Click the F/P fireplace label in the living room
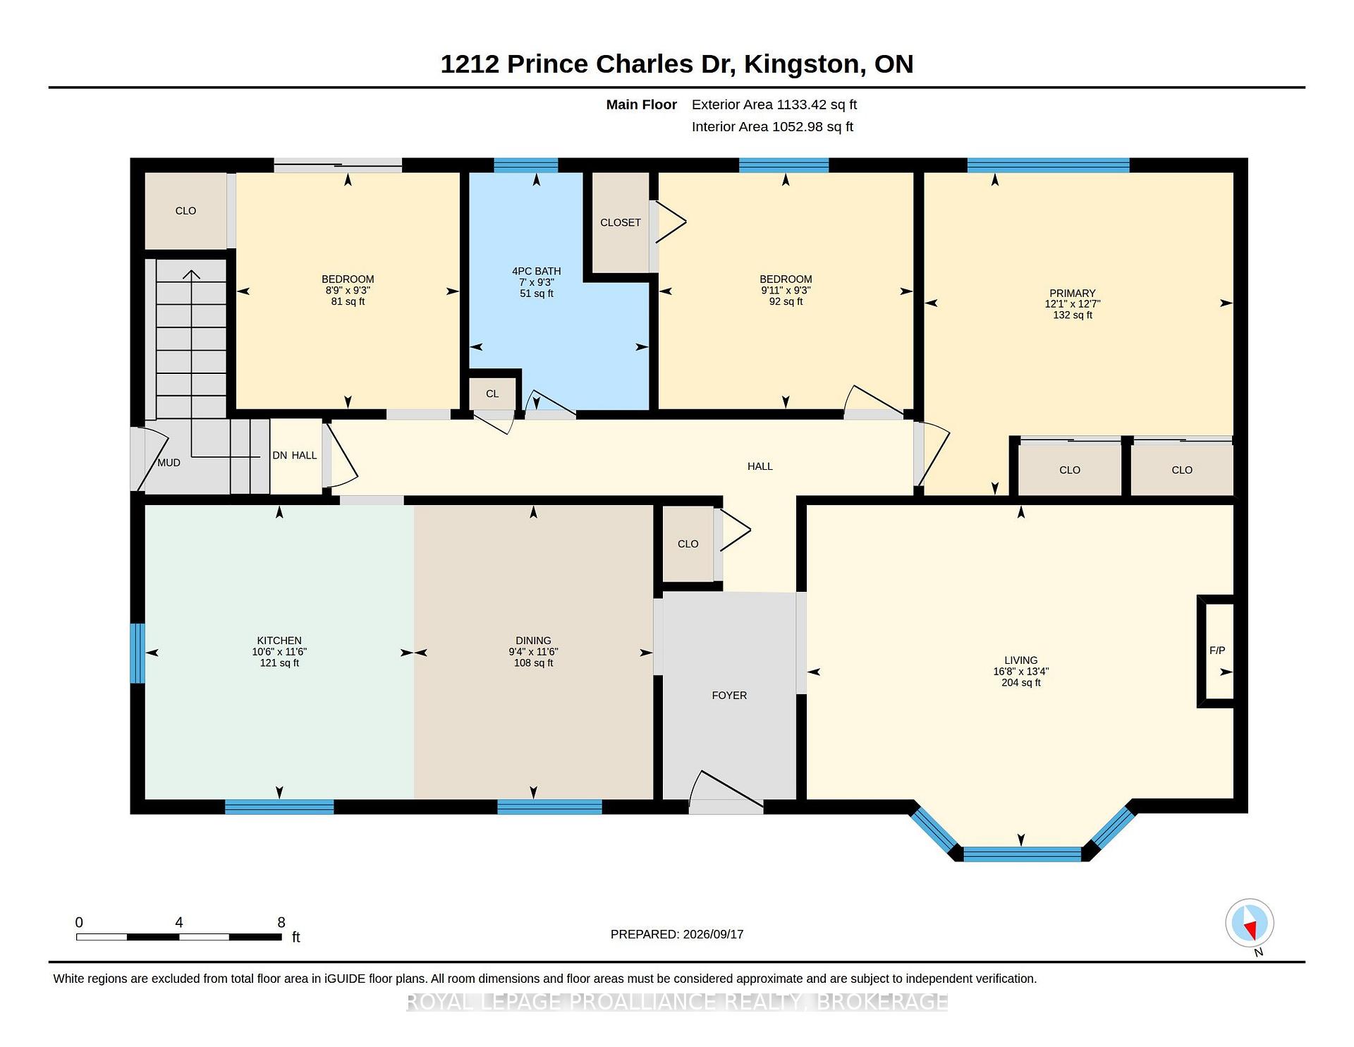tap(1217, 650)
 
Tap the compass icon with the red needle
tap(1250, 923)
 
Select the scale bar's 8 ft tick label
tap(281, 922)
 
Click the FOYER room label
tap(729, 696)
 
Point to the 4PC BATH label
tap(537, 271)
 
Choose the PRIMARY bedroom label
tap(1073, 293)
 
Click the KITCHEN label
tap(279, 641)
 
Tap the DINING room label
tap(533, 641)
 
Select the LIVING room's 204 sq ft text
tap(1021, 683)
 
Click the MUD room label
tap(169, 463)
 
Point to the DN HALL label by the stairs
tap(295, 456)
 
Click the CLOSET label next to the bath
tap(621, 223)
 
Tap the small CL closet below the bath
tap(492, 394)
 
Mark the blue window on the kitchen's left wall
tap(138, 653)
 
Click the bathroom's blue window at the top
tap(526, 166)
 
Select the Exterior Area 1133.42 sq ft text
tap(774, 105)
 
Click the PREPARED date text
tap(677, 934)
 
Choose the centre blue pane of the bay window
tap(1022, 854)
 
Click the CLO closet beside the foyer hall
tap(688, 544)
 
